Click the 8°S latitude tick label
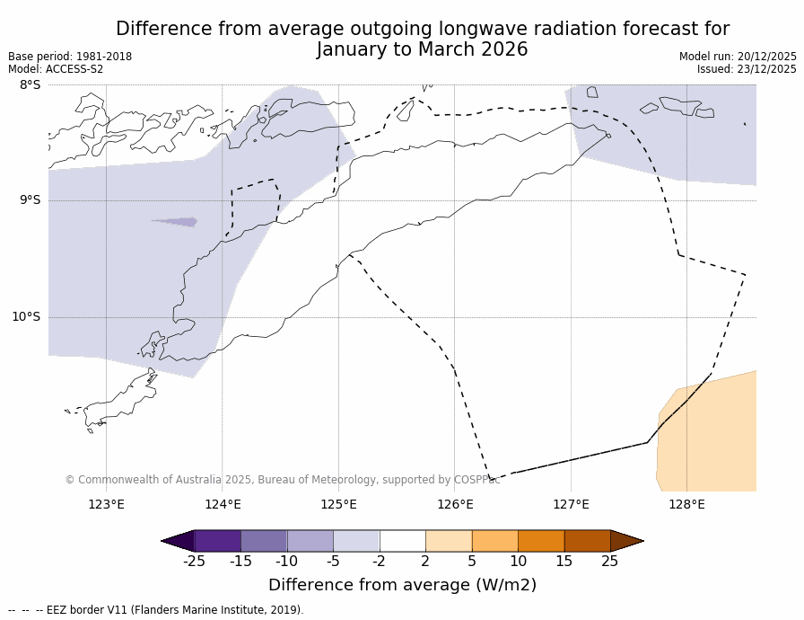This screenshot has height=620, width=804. (x=30, y=85)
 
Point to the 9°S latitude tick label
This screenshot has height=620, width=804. (x=30, y=200)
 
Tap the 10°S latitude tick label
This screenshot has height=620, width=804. (x=26, y=316)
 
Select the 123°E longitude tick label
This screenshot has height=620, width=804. (x=106, y=504)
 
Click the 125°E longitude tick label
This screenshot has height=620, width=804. (x=338, y=504)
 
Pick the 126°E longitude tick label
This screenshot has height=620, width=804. (x=455, y=504)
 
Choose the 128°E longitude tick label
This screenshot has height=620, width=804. (x=686, y=504)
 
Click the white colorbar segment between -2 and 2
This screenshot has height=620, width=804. (x=402, y=541)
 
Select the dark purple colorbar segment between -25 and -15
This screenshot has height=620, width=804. (x=217, y=541)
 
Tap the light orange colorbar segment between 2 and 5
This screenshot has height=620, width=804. (x=449, y=541)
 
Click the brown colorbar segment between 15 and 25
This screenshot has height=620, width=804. (x=587, y=541)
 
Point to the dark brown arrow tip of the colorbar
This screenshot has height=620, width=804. (x=627, y=541)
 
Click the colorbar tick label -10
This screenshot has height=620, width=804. (x=286, y=562)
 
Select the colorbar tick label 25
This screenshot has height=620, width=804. (x=609, y=562)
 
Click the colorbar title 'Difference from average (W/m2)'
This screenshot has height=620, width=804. (x=402, y=585)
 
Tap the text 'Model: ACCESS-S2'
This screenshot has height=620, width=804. (x=56, y=69)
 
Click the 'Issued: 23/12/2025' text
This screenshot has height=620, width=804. (x=747, y=69)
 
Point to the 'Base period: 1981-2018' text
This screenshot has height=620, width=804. (x=70, y=57)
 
